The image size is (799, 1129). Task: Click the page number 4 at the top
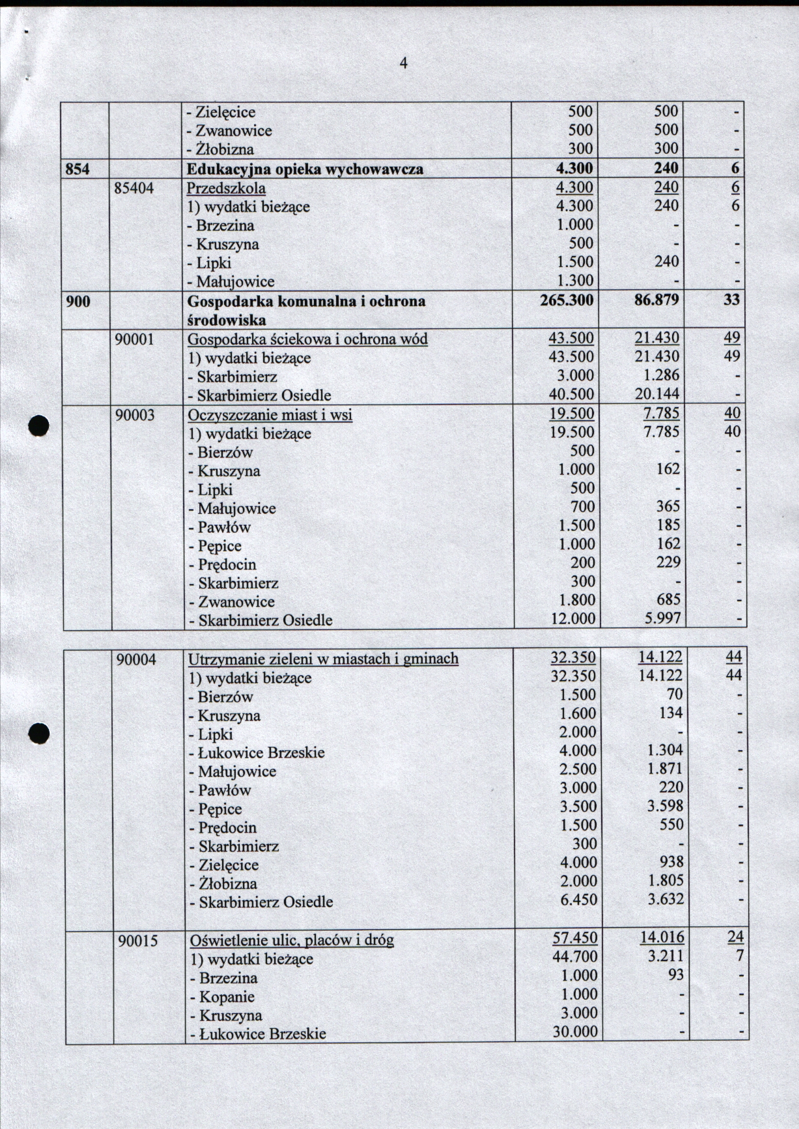403,63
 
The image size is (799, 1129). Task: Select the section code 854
78,169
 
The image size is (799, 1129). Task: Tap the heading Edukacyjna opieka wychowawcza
305,169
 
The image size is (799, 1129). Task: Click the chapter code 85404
134,188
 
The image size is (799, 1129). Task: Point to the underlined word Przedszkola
226,188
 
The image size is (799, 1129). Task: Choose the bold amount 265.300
567,300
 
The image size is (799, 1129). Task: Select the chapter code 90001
134,339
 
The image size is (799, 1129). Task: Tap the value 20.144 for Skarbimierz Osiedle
657,394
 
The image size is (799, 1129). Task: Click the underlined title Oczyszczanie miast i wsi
270,415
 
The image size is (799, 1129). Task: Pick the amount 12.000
573,618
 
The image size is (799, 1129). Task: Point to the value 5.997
662,618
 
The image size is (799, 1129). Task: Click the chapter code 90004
136,659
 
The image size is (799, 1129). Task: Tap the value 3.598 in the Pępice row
665,806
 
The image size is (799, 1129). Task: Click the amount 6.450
579,899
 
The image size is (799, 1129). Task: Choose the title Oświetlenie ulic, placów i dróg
292,941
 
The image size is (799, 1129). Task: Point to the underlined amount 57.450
575,938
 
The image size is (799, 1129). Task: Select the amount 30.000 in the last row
575,1032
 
